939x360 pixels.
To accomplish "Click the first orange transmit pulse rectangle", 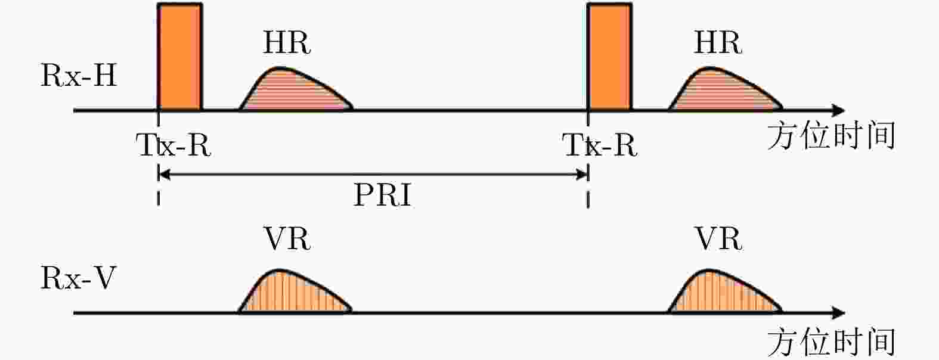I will [x=179, y=57].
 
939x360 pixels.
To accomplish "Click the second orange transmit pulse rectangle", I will [x=609, y=57].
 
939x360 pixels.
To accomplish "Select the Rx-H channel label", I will [x=79, y=76].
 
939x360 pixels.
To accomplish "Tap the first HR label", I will [x=287, y=43].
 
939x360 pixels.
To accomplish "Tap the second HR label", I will [x=717, y=43].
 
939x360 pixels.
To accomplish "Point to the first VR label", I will [x=287, y=239].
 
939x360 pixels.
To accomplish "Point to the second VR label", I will [x=718, y=239].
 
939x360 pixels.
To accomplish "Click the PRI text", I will [x=382, y=194].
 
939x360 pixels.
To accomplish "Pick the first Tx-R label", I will [x=174, y=145].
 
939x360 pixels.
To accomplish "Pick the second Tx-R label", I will [x=600, y=145].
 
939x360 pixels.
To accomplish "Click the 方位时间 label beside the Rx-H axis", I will [x=831, y=136].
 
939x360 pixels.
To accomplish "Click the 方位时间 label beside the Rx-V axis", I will [x=831, y=342].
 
